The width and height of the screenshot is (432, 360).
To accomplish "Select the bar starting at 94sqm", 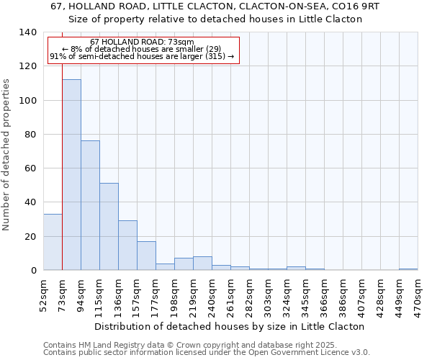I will click(90, 205).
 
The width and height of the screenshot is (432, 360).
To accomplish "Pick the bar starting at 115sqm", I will click(109, 227).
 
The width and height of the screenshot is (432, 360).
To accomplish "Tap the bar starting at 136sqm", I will click(127, 246).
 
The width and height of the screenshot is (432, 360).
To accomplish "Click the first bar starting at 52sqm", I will click(53, 242).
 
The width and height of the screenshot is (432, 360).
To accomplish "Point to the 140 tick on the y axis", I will click(28, 32).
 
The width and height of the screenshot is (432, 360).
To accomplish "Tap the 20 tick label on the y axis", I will click(31, 236).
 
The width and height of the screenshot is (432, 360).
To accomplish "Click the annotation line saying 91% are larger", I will click(142, 56).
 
